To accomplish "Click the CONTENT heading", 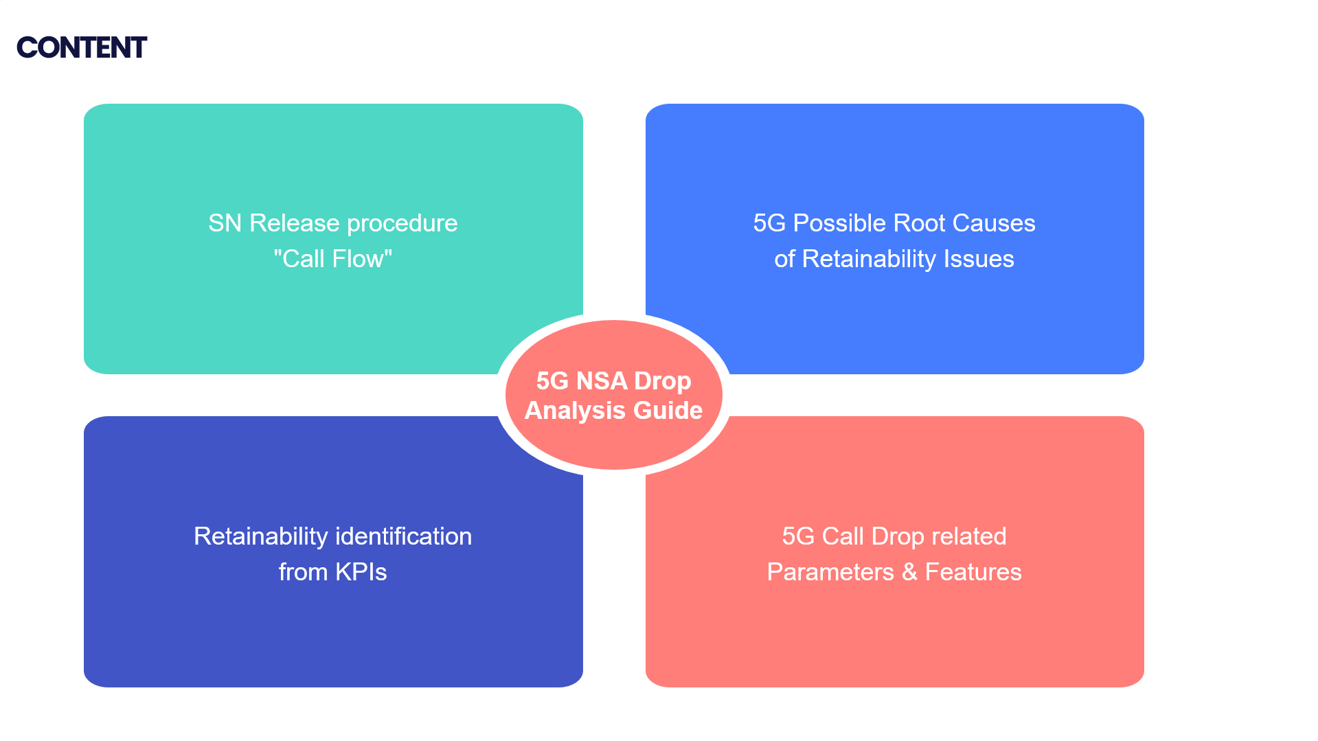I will tap(82, 47).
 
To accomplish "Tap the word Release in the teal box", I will tap(294, 223).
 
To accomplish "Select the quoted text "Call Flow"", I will tap(333, 259).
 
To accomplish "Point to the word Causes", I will tap(993, 223).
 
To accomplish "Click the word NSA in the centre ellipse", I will tap(602, 381).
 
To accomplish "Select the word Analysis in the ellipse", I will tap(575, 411).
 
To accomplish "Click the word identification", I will tap(403, 536).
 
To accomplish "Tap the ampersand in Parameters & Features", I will tap(909, 572).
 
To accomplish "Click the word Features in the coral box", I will tap(973, 572).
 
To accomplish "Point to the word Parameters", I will tap(830, 572).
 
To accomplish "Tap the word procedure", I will tap(402, 223).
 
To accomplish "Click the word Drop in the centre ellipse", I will tap(662, 381).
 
